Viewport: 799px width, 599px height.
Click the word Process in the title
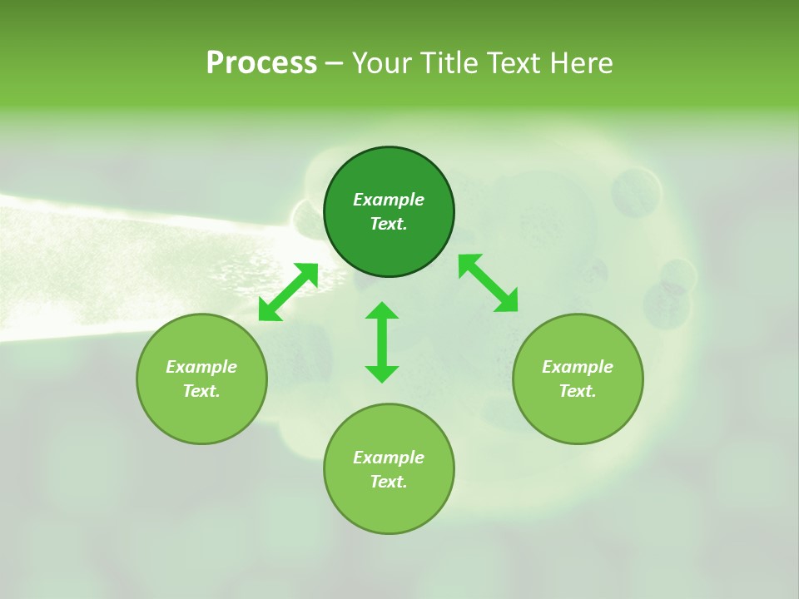pos(261,63)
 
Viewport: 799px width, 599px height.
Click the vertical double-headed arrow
pos(382,342)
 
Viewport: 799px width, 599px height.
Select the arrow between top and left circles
pos(288,292)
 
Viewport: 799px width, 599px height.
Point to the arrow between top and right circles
pos(489,283)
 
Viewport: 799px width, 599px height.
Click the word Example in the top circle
pos(389,200)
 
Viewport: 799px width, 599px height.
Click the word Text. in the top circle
pos(389,224)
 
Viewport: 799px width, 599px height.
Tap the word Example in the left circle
pos(201,367)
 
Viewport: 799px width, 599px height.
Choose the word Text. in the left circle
pos(201,391)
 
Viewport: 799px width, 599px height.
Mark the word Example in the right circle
pos(578,367)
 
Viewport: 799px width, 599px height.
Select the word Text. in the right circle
pos(578,391)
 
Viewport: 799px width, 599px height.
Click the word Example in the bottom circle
pos(389,458)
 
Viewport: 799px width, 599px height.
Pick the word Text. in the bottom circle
pos(389,482)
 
